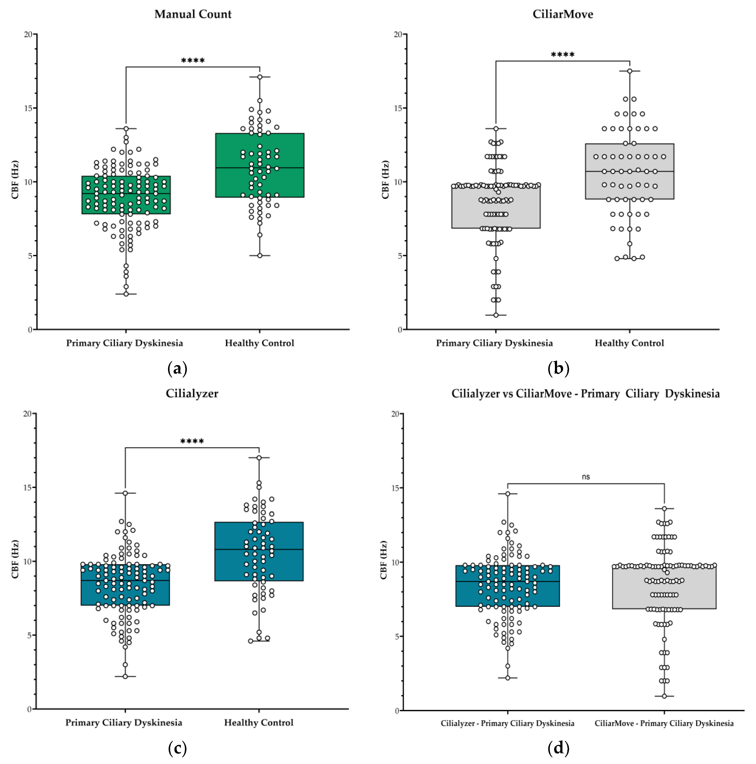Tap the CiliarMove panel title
click(x=563, y=14)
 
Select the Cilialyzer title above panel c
click(x=192, y=393)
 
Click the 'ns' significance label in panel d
click(x=586, y=477)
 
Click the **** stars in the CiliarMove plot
click(x=563, y=55)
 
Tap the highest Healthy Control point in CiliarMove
click(x=629, y=71)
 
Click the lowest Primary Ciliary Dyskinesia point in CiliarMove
click(x=496, y=315)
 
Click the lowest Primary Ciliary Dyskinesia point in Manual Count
click(x=126, y=294)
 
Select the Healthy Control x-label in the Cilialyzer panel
click(x=259, y=723)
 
